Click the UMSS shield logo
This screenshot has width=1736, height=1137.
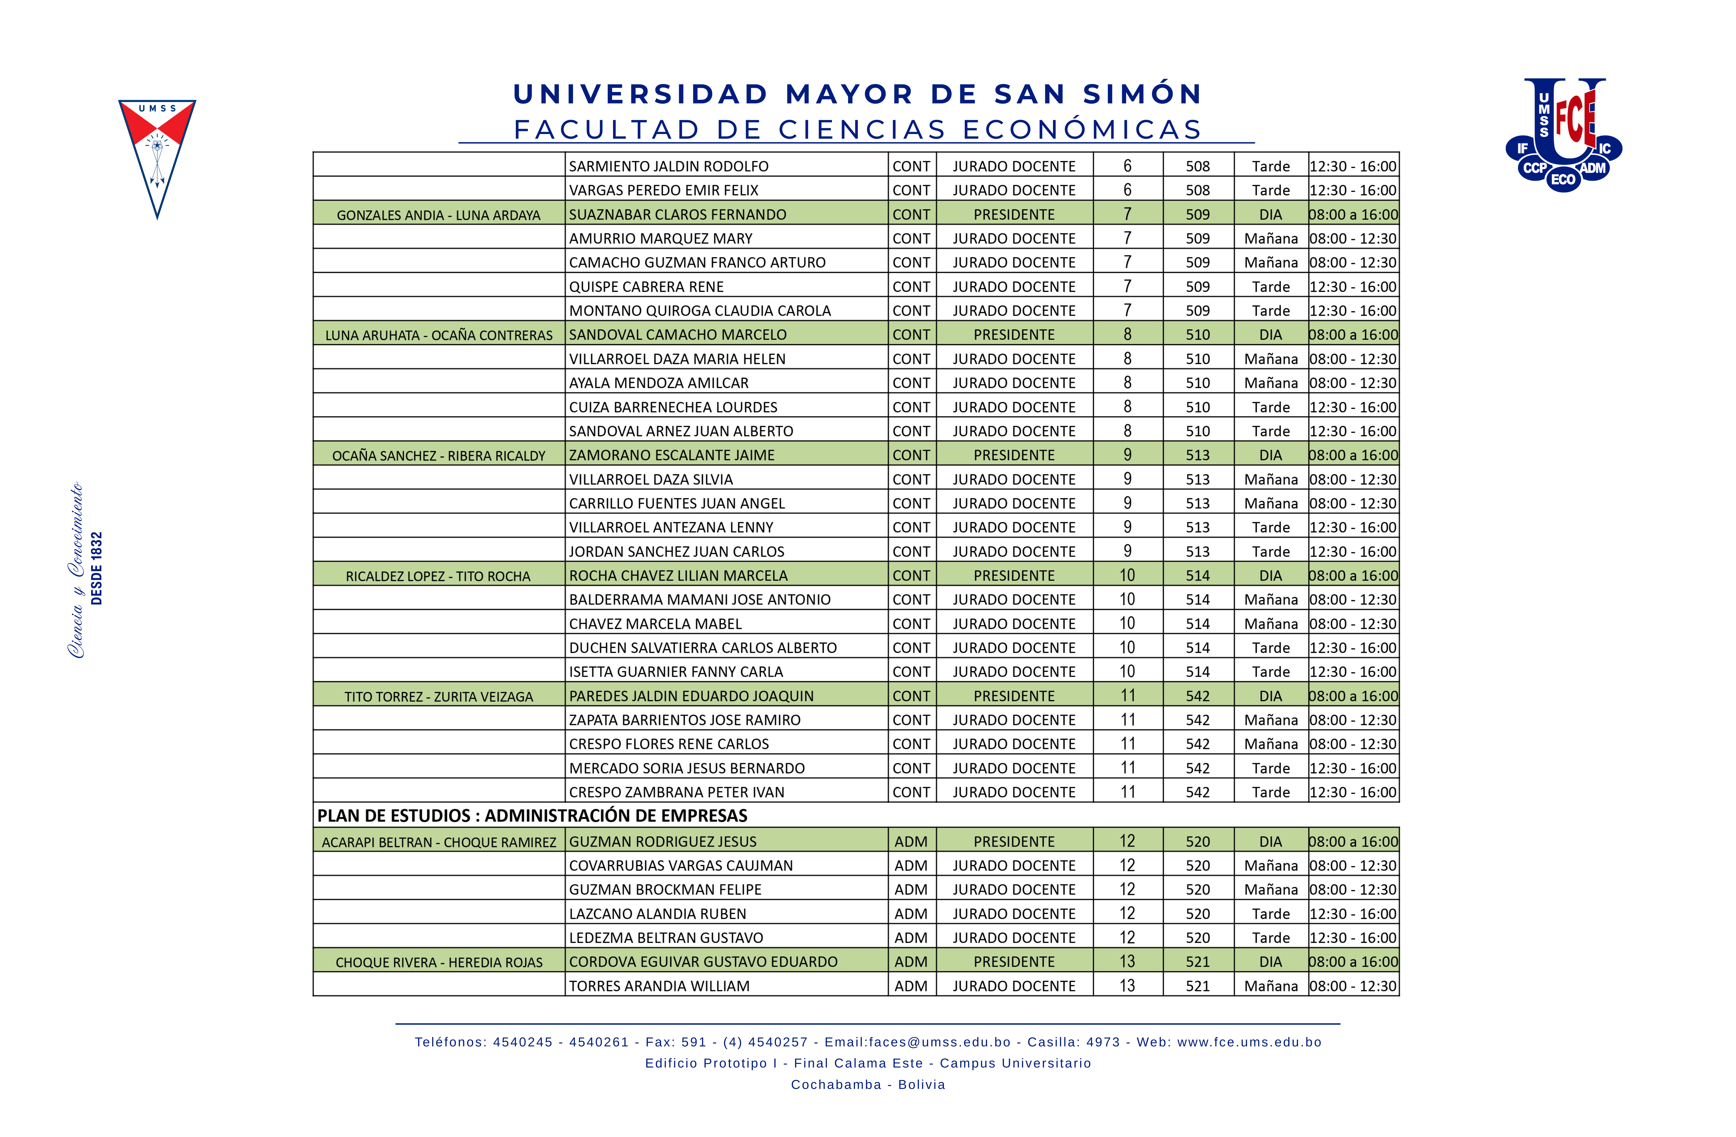coord(157,157)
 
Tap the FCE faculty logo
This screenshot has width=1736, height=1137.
coord(1563,135)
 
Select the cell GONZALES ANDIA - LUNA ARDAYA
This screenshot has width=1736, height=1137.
coord(438,215)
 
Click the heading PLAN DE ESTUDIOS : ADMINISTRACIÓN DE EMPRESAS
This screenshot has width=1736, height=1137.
coord(532,815)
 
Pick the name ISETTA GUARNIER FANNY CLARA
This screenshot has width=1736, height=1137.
coord(676,671)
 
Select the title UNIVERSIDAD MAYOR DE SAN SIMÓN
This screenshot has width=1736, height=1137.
coord(858,94)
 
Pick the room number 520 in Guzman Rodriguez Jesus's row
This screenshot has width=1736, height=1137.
coord(1197,842)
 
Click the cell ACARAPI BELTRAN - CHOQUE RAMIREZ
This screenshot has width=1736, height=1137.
coord(438,842)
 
